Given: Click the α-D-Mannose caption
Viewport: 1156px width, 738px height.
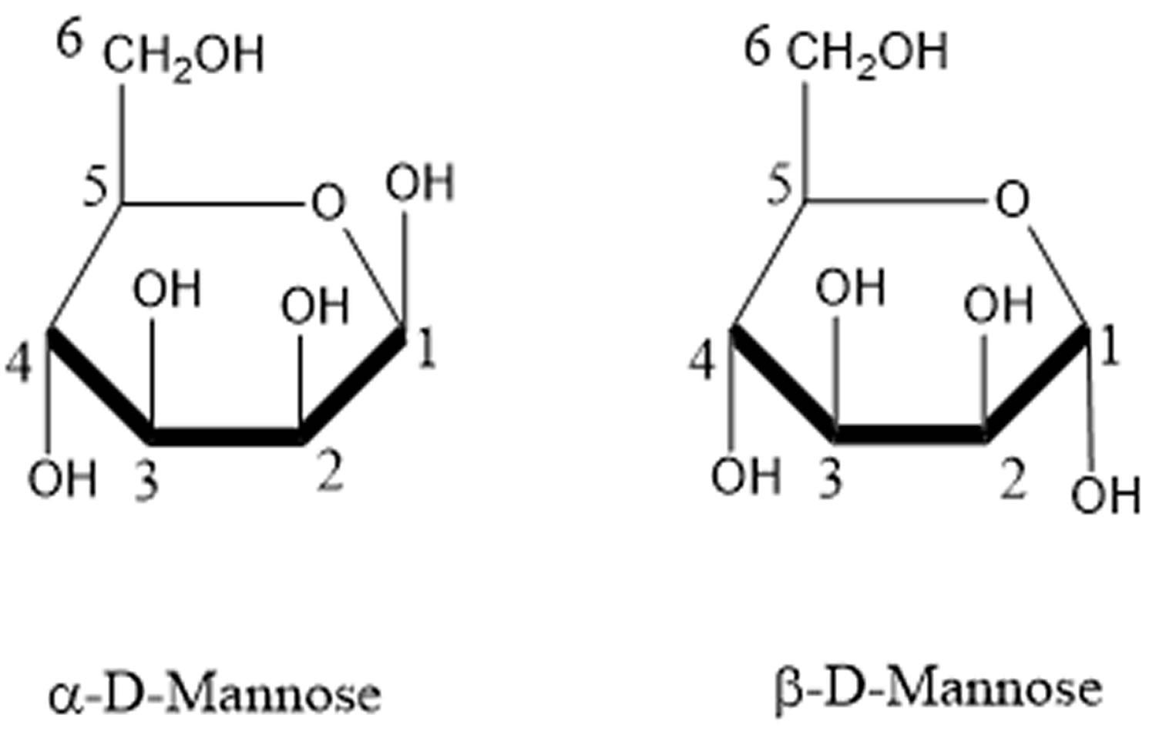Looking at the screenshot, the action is (215, 693).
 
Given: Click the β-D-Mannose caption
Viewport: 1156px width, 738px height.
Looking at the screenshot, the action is (937, 689).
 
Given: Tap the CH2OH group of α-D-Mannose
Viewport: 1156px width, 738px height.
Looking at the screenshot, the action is (183, 55).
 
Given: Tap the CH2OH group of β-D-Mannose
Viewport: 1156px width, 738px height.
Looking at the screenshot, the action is (867, 52).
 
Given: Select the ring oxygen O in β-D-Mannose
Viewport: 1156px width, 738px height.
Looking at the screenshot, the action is (1012, 200).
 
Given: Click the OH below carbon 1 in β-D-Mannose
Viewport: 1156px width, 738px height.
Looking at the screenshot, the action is (1105, 495).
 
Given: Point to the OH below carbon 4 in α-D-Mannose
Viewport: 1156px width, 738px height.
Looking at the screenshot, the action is (62, 479).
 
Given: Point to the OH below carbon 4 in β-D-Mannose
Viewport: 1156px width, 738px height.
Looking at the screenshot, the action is (745, 476).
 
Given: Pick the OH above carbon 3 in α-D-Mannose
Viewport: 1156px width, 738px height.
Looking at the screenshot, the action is (166, 290).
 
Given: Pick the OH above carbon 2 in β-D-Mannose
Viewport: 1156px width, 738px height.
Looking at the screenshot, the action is (997, 304).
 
